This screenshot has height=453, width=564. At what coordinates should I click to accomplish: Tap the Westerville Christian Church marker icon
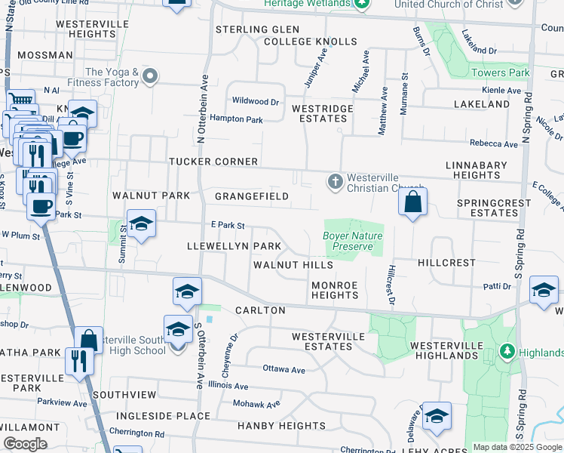pos(336,181)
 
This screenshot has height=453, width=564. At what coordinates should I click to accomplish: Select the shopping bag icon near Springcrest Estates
pos(412,202)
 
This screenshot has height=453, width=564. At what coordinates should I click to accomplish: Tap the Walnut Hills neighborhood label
pos(293,265)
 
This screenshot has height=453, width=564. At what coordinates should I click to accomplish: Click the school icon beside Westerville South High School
pos(178,330)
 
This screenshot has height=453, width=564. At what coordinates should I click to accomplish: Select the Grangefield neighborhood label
pos(252,196)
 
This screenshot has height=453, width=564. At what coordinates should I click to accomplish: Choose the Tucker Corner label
pos(213,162)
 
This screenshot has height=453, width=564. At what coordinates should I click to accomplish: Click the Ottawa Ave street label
pos(284,369)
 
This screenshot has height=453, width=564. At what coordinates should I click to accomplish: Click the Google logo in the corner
pos(25,444)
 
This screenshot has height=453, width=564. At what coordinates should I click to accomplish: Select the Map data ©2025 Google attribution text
pos(517,447)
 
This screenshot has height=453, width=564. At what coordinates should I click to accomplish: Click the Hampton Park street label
pos(236,119)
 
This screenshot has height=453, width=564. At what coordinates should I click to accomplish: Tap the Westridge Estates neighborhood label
pos(322,113)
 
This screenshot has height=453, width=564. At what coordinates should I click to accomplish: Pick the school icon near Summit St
pos(141,224)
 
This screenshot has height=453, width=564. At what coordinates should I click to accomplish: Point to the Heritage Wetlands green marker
pos(362,4)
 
